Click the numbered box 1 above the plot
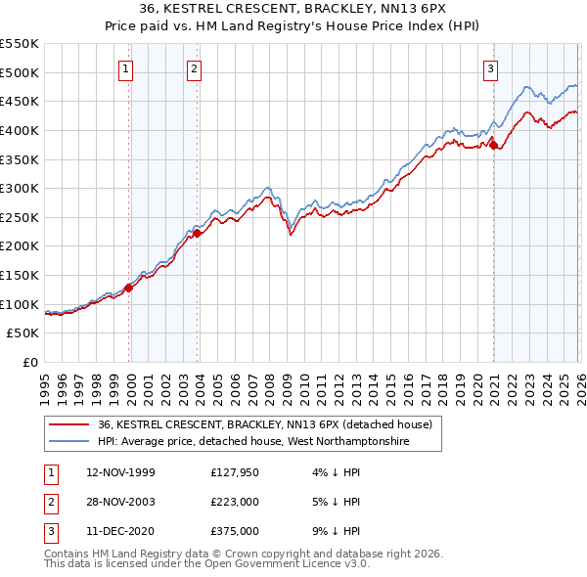coord(128,68)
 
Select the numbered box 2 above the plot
coord(195,68)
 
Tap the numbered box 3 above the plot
coord(490,68)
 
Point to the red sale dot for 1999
coord(129,288)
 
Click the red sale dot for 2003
coord(198,233)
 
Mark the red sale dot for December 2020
coord(494,145)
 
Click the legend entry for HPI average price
coord(252,442)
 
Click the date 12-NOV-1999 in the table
coord(120,472)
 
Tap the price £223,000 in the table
coord(234,502)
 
